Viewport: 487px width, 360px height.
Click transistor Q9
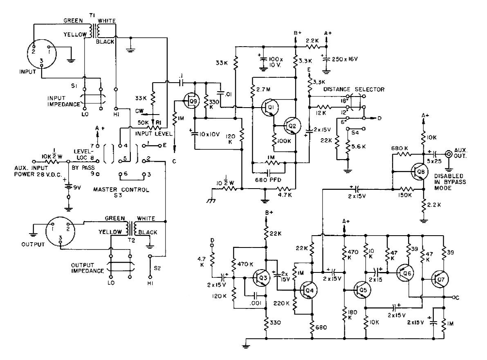click(x=191, y=101)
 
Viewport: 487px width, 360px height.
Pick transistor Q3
click(x=261, y=278)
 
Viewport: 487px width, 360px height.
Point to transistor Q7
click(x=440, y=279)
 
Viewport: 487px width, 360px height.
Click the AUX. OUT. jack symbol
click(x=449, y=154)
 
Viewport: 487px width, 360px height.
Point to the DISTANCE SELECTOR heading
click(x=354, y=90)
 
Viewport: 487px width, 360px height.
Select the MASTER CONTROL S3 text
click(x=121, y=192)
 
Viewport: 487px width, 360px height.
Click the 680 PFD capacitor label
click(x=268, y=180)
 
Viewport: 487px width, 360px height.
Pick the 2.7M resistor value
click(x=264, y=90)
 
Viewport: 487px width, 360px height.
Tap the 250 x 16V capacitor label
click(x=345, y=59)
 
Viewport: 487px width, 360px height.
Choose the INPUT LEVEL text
click(x=153, y=133)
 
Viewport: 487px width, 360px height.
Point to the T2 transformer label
click(x=131, y=240)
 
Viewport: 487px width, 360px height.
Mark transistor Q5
click(x=361, y=290)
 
